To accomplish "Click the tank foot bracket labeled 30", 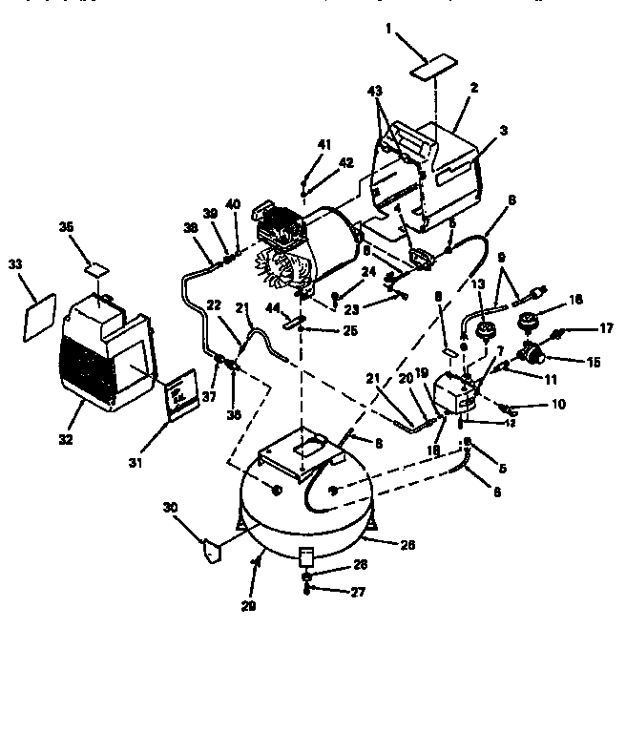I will (x=209, y=552).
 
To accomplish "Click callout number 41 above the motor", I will (x=324, y=144).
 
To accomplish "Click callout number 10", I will (x=557, y=405).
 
